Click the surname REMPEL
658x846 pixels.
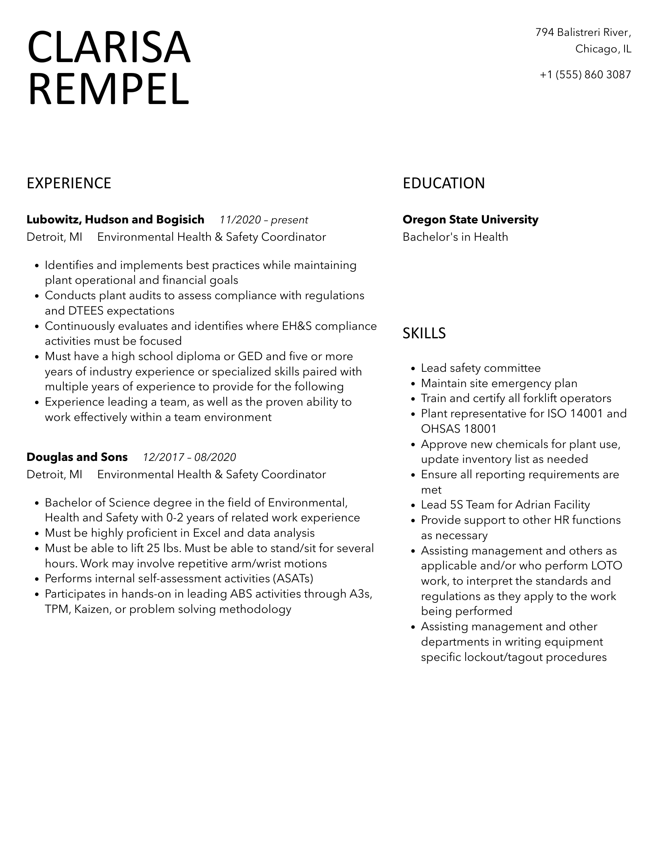click(108, 90)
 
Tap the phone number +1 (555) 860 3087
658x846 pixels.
click(585, 75)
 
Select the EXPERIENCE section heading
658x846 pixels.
click(69, 183)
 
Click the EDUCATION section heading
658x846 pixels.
click(444, 183)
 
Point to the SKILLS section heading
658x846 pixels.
click(424, 333)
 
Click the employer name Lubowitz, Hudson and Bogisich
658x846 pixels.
click(115, 220)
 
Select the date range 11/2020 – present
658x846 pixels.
click(264, 220)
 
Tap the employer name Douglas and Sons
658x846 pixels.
click(77, 457)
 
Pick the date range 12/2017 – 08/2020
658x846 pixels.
click(189, 457)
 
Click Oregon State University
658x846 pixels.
click(470, 220)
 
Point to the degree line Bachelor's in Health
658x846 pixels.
click(455, 237)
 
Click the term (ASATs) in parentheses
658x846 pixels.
click(293, 579)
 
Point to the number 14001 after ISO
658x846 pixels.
click(587, 414)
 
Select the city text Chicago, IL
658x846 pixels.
click(603, 49)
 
